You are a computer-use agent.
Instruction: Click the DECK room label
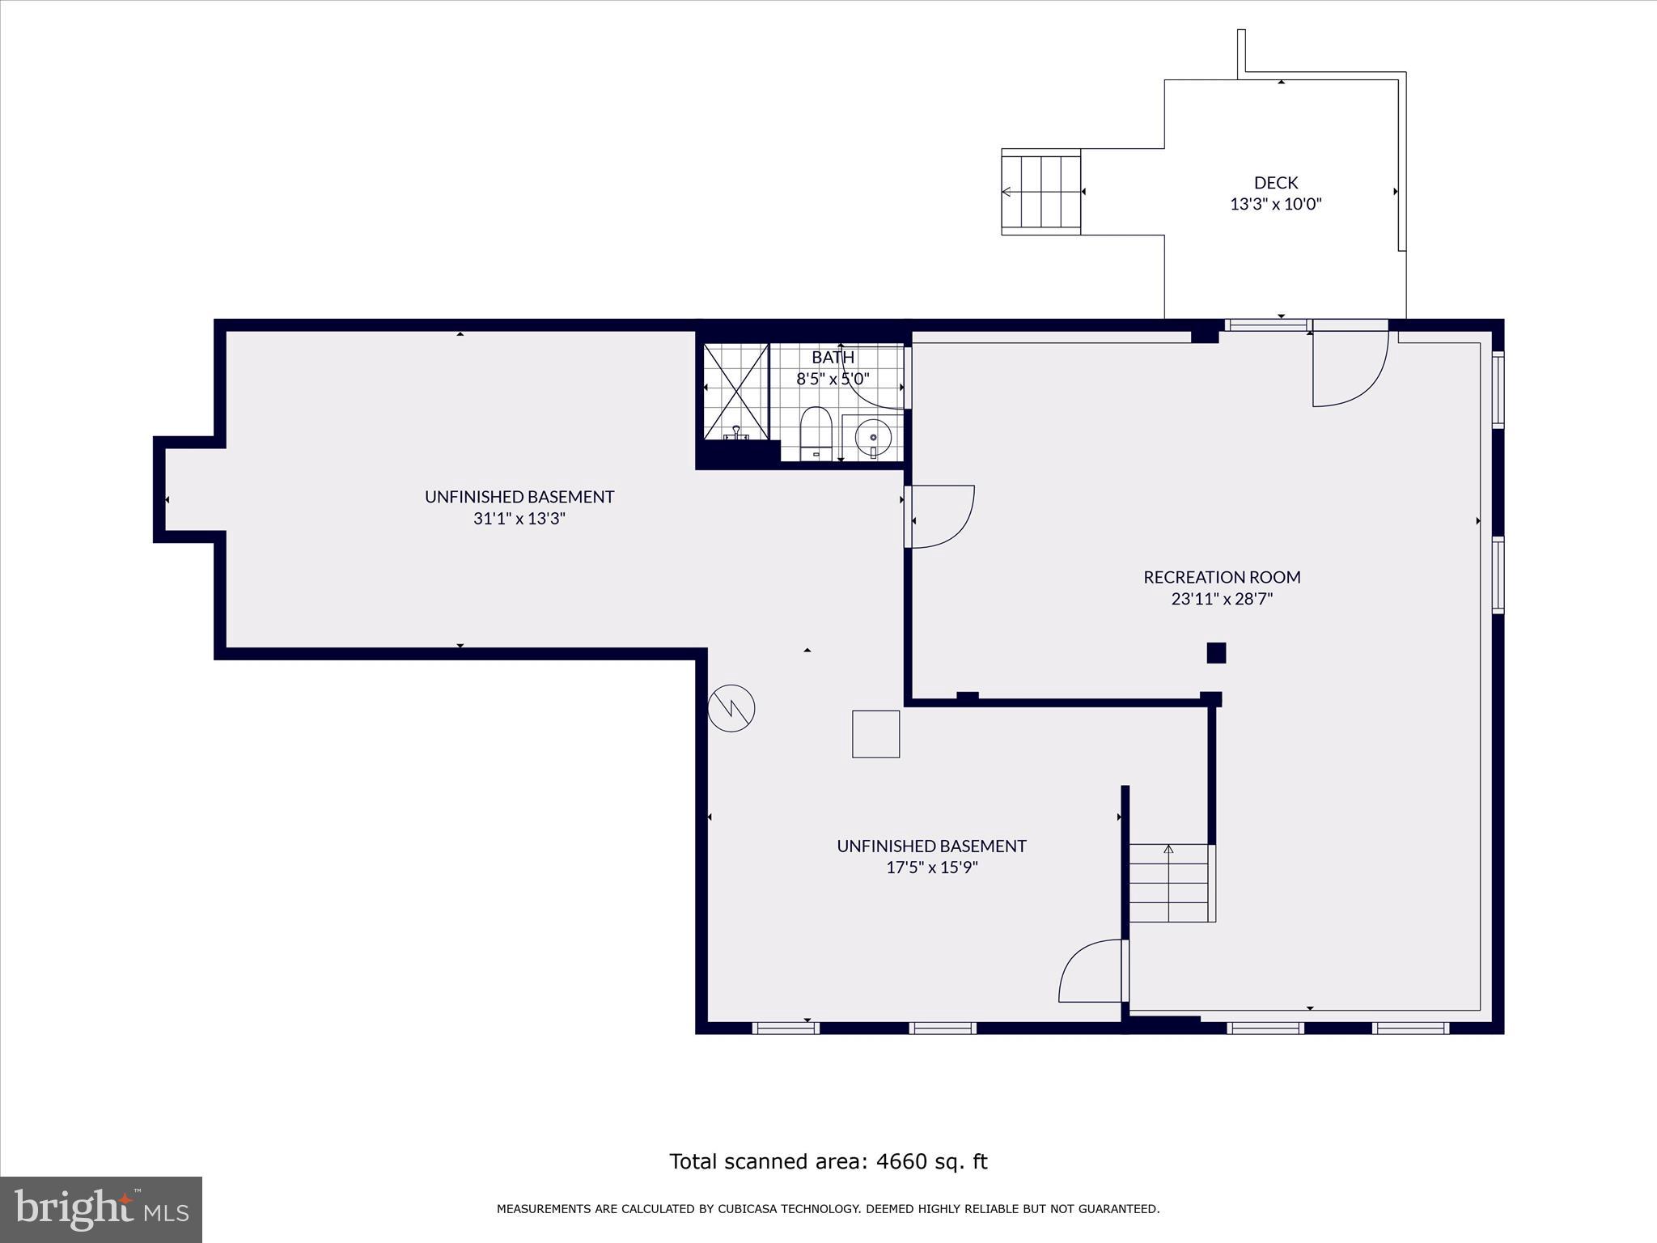(1276, 183)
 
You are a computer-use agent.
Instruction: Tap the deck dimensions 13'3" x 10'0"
(1276, 205)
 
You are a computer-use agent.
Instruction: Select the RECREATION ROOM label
(1222, 577)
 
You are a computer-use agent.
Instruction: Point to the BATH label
(833, 357)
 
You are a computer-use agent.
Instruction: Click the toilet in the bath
(816, 433)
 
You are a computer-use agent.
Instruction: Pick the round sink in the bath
(873, 437)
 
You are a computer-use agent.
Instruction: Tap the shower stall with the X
(735, 391)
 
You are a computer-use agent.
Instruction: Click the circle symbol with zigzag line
(731, 709)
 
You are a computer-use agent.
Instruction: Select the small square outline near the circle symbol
(875, 734)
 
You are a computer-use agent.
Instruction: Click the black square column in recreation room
(1216, 653)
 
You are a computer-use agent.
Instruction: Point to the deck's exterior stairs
(1041, 192)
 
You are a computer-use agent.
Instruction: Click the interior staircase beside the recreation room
(1169, 883)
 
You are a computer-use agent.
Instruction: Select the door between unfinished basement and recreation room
(941, 516)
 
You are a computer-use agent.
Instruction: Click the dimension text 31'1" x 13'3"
(519, 519)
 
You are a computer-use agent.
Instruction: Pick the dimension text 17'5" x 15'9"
(932, 868)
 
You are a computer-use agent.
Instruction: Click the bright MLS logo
(101, 1209)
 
